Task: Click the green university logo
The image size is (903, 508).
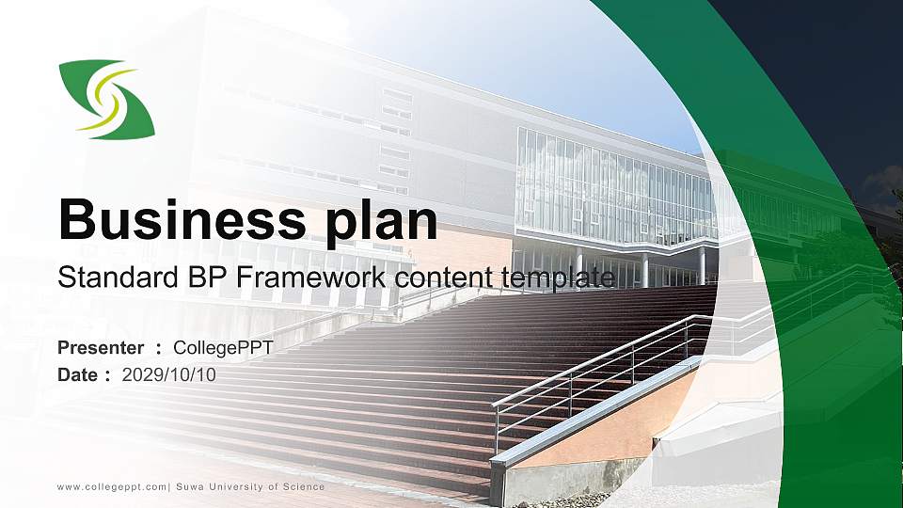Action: (106, 99)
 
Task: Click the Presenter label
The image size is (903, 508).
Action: (101, 348)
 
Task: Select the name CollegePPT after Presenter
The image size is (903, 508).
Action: (223, 348)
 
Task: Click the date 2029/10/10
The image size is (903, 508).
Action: (169, 375)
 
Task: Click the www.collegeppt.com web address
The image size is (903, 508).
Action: (112, 486)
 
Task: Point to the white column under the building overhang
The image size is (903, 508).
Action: (702, 265)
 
